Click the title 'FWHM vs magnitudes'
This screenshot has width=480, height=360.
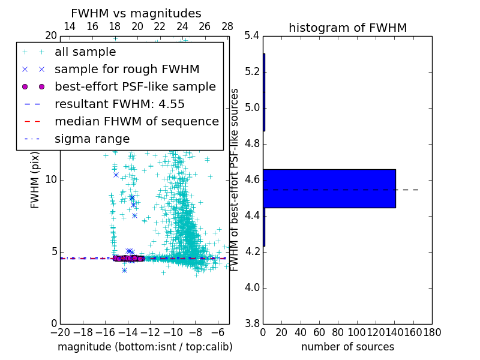[136, 13]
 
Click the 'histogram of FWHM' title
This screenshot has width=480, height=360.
[347, 28]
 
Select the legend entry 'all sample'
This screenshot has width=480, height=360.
[85, 52]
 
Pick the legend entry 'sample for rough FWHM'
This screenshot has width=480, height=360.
[127, 70]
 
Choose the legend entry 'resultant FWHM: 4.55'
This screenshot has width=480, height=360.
[119, 104]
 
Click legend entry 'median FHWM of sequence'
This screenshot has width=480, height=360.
[136, 122]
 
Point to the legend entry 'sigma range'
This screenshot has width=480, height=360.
[92, 139]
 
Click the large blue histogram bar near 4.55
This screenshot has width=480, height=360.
[329, 188]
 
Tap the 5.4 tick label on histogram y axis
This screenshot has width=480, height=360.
[252, 36]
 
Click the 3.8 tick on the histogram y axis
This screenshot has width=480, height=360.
[252, 323]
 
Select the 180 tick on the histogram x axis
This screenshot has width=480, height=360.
[432, 332]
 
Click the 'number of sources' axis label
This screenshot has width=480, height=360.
[347, 347]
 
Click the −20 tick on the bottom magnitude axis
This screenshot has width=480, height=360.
[60, 332]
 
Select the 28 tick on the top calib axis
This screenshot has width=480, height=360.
[227, 27]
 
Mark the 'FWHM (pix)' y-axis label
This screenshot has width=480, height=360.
[35, 182]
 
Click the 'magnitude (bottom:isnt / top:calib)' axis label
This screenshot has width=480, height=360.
[145, 347]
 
